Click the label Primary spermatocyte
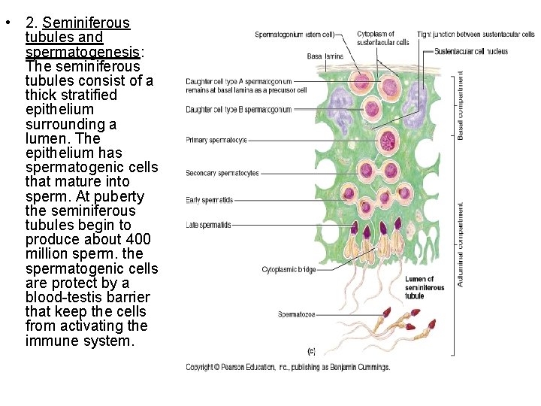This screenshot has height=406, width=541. pyautogui.click(x=216, y=140)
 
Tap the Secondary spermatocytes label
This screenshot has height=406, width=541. pyautogui.click(x=222, y=173)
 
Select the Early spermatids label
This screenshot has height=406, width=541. pyautogui.click(x=210, y=200)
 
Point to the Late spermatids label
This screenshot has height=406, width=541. pyautogui.click(x=209, y=225)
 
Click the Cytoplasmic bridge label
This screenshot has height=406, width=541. pyautogui.click(x=289, y=269)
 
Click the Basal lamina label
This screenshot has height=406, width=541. pyautogui.click(x=325, y=56)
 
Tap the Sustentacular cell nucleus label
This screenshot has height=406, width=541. pyautogui.click(x=472, y=52)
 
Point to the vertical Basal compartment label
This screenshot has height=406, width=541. pyautogui.click(x=461, y=106)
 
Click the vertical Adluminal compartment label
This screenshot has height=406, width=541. pyautogui.click(x=461, y=244)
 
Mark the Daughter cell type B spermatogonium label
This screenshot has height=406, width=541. pyautogui.click(x=238, y=110)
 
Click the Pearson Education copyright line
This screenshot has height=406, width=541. pyautogui.click(x=288, y=367)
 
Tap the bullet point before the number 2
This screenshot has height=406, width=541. pyautogui.click(x=6, y=23)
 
